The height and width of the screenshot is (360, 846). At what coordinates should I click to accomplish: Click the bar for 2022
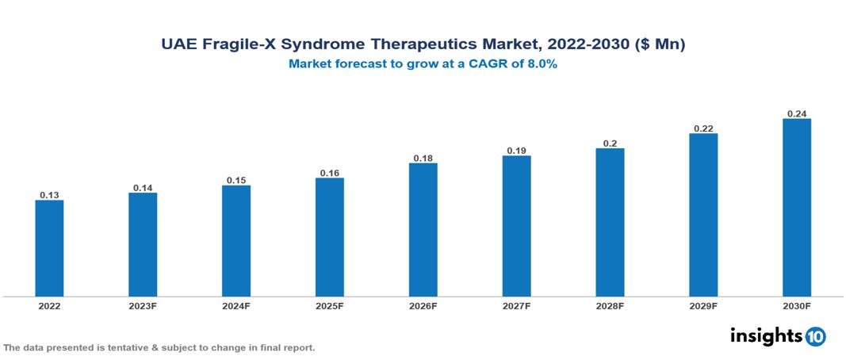pos(49,248)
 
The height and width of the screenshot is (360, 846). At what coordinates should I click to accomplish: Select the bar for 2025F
pos(330,237)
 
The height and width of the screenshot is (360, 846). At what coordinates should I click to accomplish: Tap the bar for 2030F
pos(797,208)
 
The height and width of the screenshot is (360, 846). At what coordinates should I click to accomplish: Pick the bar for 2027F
pos(516,226)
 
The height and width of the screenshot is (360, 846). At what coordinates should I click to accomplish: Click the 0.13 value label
pos(49,194)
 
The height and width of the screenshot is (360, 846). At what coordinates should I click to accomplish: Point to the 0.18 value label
pos(423,158)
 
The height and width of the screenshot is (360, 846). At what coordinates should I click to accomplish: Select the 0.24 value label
pos(797,113)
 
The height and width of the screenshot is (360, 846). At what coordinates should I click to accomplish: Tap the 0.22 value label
pos(703,128)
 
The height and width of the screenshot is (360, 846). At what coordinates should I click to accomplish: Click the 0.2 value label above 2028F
pos(610,143)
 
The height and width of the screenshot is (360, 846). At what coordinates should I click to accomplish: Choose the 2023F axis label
pos(143,306)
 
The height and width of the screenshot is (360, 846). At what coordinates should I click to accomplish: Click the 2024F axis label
pos(236,306)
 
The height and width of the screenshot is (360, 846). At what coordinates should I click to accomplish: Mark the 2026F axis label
pos(423,306)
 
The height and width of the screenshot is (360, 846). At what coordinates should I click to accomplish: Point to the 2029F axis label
pos(703,306)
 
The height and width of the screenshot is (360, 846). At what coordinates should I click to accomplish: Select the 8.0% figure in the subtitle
pos(540,64)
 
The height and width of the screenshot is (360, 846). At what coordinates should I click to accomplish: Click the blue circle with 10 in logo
pos(815,336)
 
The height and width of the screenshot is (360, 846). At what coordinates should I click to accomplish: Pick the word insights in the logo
pos(765,335)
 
